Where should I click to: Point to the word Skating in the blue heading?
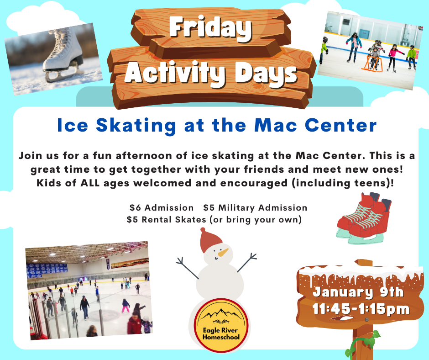tap(136, 126)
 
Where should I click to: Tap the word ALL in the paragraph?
tap(90, 183)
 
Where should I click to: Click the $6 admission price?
tap(135, 208)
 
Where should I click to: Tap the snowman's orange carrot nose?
tap(223, 252)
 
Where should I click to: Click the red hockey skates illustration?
tap(364, 218)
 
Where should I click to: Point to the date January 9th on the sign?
tap(358, 292)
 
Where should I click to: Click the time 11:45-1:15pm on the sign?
tap(361, 309)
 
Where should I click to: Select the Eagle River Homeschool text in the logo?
tap(221, 334)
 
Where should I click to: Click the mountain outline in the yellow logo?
tap(221, 314)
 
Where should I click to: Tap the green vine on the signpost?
tap(361, 345)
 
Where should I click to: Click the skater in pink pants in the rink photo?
tap(126, 306)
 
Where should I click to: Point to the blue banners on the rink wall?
tap(47, 270)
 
